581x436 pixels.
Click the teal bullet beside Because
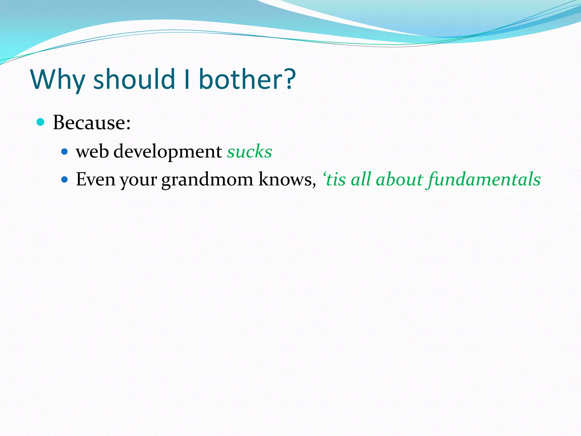pyautogui.click(x=41, y=122)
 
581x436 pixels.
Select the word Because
pyautogui.click(x=91, y=123)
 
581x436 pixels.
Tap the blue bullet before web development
pyautogui.click(x=65, y=152)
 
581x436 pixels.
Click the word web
pyautogui.click(x=92, y=151)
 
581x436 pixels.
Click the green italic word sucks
pyautogui.click(x=249, y=151)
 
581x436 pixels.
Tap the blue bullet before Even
pyautogui.click(x=65, y=180)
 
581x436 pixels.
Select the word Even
pyautogui.click(x=95, y=179)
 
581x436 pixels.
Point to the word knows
pyautogui.click(x=287, y=179)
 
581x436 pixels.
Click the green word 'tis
pyautogui.click(x=335, y=179)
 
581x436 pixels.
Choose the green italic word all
pyautogui.click(x=361, y=179)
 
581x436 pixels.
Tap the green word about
pyautogui.click(x=399, y=179)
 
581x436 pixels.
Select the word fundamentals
pyautogui.click(x=484, y=180)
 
